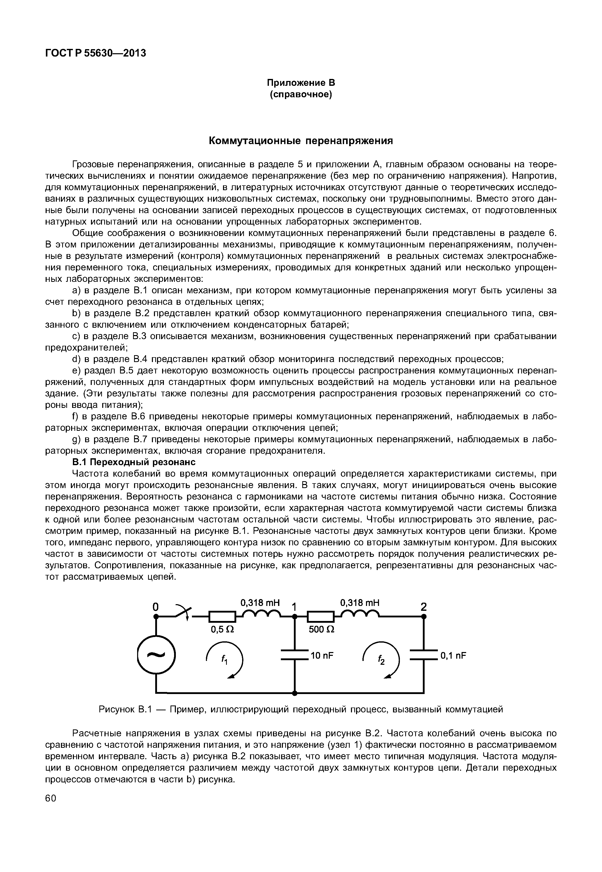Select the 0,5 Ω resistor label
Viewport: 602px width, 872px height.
click(x=222, y=629)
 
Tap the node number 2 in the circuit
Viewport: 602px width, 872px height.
click(x=424, y=607)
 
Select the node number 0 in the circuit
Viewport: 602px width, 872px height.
click(x=155, y=607)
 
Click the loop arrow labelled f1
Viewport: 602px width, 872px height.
click(x=225, y=659)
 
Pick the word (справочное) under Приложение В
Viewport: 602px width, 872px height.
click(x=301, y=94)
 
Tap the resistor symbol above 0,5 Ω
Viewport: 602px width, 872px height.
click(x=222, y=617)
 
